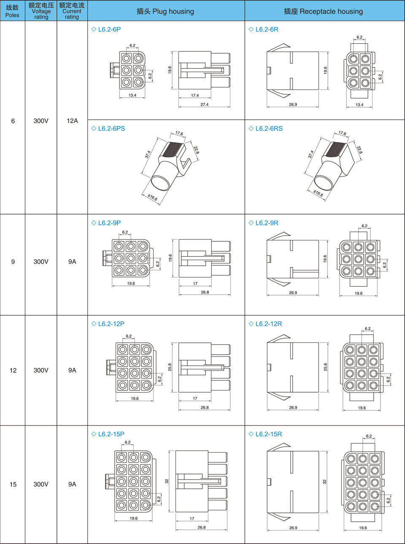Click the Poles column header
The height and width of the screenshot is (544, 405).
tap(12, 11)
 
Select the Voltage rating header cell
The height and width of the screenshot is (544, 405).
tap(41, 11)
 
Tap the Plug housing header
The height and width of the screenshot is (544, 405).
tap(165, 11)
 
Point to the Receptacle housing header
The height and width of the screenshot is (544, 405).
tap(323, 11)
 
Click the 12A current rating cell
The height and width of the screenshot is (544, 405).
tap(72, 121)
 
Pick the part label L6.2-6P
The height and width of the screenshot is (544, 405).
tap(109, 30)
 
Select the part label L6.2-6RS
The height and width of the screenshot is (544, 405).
tap(269, 129)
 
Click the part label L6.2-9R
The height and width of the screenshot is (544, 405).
tap(267, 223)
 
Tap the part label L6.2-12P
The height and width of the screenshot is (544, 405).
tap(111, 324)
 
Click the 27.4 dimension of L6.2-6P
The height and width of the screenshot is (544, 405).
tap(205, 105)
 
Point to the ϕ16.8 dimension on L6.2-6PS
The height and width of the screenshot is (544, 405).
tap(152, 197)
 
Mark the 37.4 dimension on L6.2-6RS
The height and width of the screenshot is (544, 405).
tap(311, 154)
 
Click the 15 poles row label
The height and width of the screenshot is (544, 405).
tap(13, 484)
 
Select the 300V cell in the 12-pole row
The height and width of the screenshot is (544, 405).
tap(41, 370)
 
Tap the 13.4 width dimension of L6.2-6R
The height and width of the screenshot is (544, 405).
tap(359, 105)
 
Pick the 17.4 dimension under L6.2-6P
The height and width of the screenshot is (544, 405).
tap(195, 95)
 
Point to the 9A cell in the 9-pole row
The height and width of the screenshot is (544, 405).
tap(72, 262)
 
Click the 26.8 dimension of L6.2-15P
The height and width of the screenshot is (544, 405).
tap(202, 527)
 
